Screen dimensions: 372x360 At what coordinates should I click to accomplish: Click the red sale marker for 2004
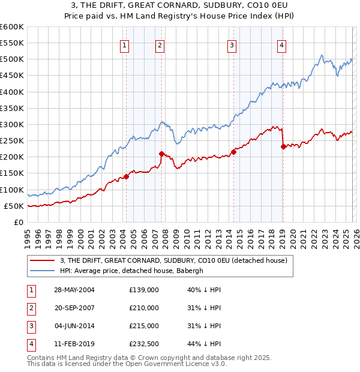click(x=127, y=176)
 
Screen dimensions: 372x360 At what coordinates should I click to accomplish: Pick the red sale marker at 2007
click(x=161, y=154)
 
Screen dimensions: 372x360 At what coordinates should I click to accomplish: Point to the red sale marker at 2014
click(x=233, y=152)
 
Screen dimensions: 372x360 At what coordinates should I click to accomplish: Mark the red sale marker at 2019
click(x=283, y=146)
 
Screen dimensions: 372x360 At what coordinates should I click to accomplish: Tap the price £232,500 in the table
click(x=144, y=344)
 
